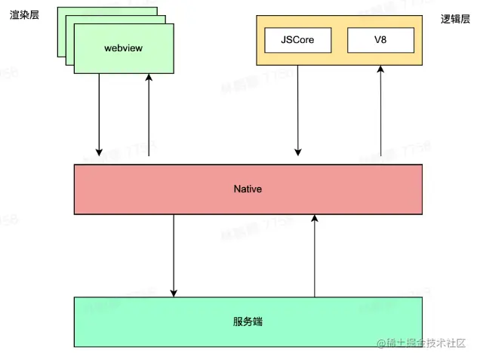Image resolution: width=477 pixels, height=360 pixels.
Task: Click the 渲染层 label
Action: [x=24, y=14]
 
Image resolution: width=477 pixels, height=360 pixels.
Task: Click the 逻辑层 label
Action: [x=455, y=20]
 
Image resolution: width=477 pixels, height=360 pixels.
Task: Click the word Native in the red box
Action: [x=248, y=189]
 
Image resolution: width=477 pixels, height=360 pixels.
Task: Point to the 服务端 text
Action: [x=248, y=322]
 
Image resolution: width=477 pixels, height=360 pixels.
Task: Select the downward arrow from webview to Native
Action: [x=99, y=113]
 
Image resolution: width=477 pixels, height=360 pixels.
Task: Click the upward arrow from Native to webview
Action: [x=148, y=113]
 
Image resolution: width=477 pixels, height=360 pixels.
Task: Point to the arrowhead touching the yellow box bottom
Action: [x=380, y=71]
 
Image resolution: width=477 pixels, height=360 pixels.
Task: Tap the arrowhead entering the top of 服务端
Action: [x=174, y=292]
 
